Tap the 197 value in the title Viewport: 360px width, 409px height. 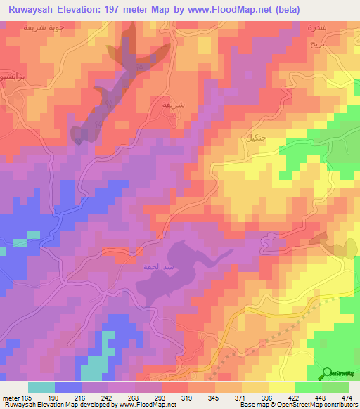[x=145, y=10]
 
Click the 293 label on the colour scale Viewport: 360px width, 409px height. [x=162, y=398]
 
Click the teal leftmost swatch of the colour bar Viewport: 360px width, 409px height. [x=41, y=387]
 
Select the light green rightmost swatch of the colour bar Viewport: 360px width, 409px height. [x=335, y=387]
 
